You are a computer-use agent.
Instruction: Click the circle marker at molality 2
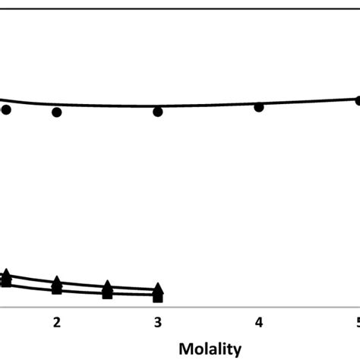56,112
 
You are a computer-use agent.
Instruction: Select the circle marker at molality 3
158,112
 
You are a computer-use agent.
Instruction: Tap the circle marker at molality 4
259,107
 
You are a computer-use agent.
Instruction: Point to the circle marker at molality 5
358,100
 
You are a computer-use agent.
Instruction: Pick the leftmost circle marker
6,110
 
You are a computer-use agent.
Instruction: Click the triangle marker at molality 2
56,282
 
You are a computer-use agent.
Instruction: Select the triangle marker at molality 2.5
107,286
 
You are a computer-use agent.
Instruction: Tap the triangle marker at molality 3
158,289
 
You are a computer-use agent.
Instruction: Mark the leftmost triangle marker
6,274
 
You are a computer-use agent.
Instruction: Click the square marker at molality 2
56,289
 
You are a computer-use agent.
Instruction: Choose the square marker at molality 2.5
107,294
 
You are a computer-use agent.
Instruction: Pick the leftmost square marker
6,282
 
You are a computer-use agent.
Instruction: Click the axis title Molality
210,349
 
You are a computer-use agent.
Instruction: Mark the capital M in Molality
185,349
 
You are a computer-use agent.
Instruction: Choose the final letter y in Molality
237,351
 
